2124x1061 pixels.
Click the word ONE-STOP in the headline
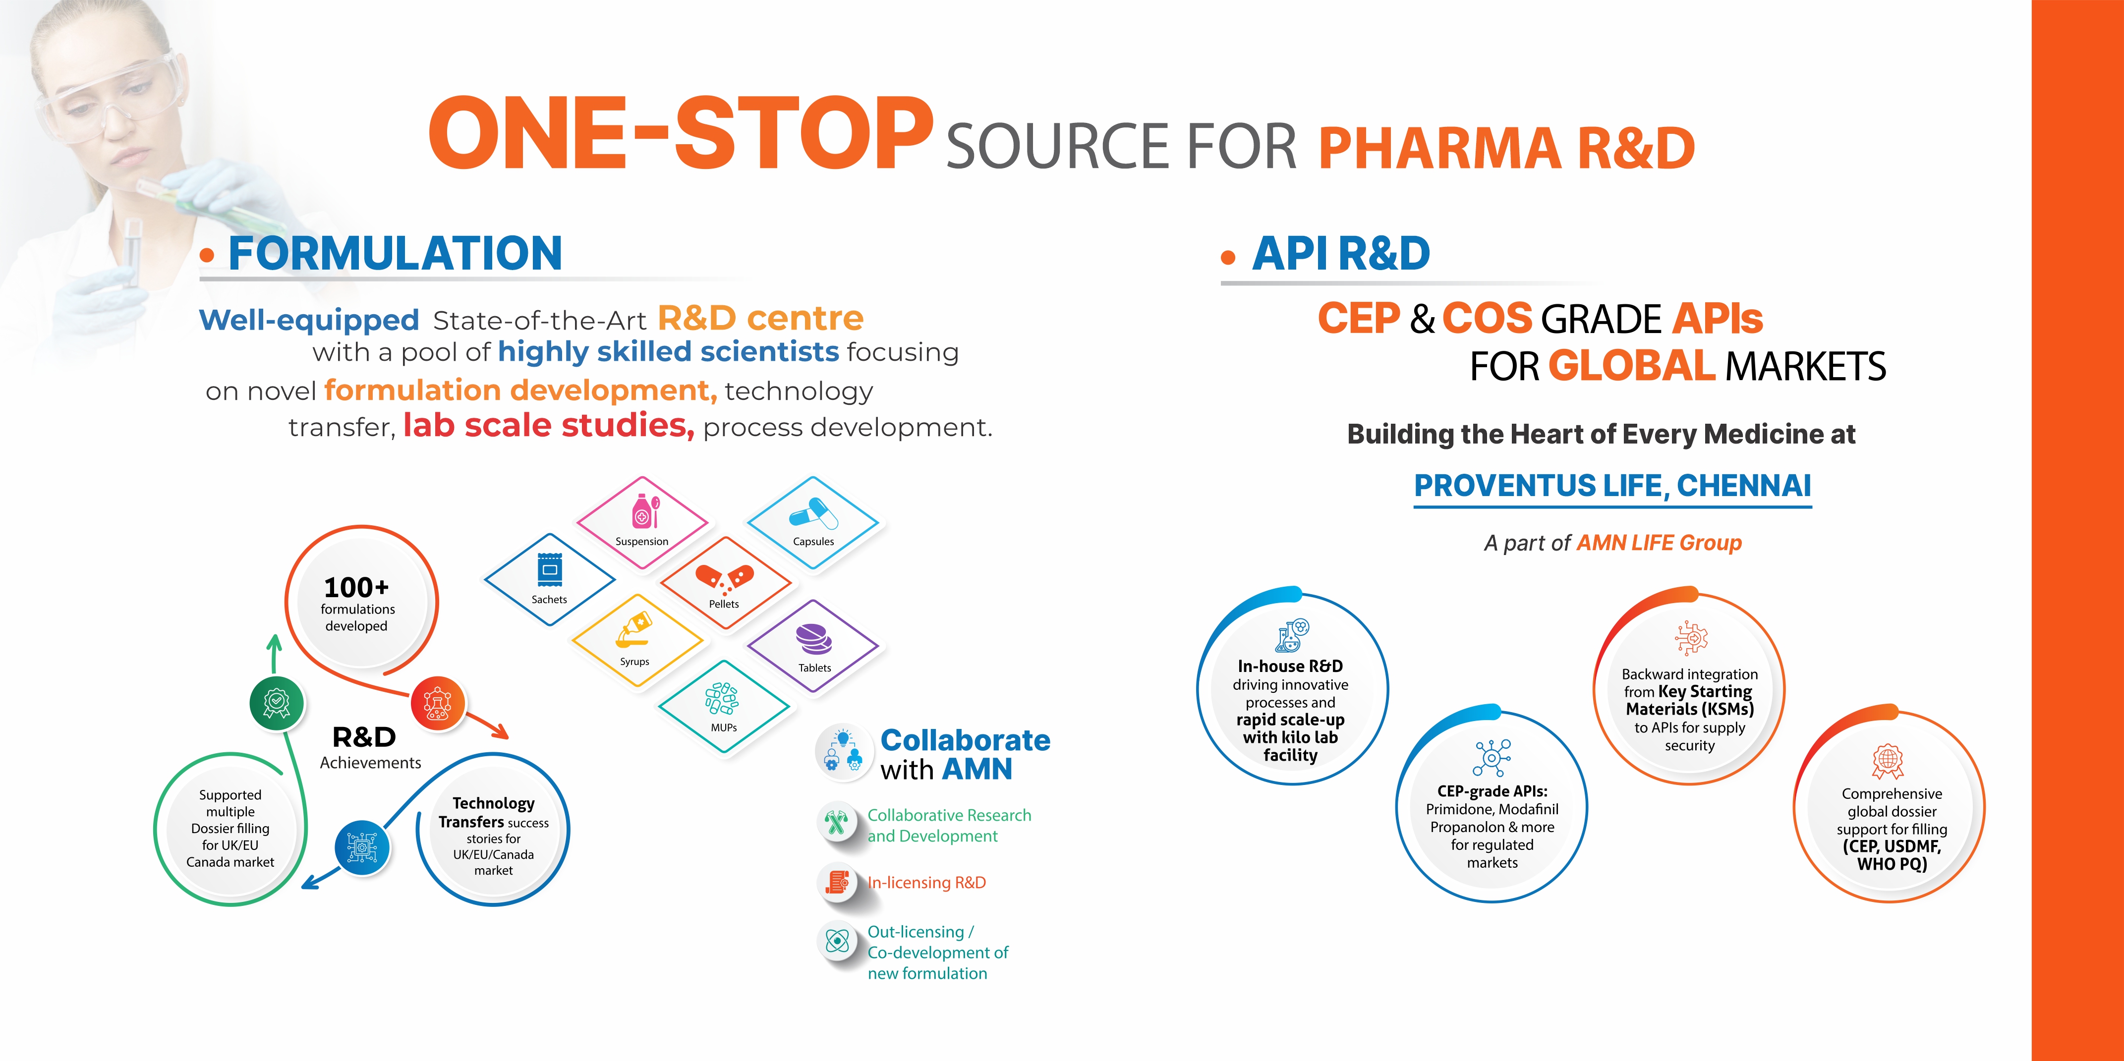tap(680, 133)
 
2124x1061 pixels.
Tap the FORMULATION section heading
tap(395, 253)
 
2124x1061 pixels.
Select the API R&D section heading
tap(1341, 253)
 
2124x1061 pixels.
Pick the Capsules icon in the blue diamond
tap(813, 513)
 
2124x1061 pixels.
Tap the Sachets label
tap(549, 599)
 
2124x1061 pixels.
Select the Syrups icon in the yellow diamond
tap(633, 631)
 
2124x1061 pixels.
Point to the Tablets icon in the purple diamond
tap(814, 639)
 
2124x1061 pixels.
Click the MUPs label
tap(724, 727)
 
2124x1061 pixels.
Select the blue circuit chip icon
tap(362, 846)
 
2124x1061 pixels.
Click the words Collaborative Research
tap(949, 815)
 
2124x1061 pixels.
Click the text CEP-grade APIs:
tap(1493, 791)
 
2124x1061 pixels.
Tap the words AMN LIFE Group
tap(1659, 543)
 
